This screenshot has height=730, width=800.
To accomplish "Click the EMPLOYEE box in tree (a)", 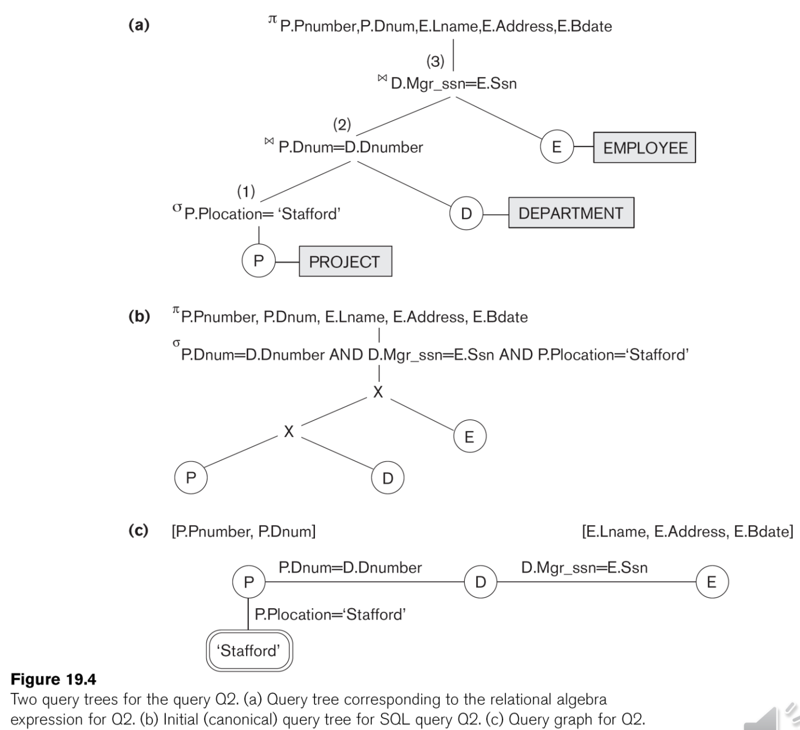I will click(644, 148).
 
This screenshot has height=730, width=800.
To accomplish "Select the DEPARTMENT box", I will click(571, 213).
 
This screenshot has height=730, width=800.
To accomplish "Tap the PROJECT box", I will click(345, 261).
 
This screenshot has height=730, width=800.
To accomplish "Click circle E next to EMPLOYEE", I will click(557, 147).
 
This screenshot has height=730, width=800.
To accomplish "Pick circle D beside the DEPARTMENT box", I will click(466, 213).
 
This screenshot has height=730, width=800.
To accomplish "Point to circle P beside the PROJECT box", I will click(259, 261).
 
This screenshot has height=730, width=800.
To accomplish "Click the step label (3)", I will click(435, 61).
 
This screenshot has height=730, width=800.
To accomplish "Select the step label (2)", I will click(342, 125).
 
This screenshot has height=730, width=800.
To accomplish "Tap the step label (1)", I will click(246, 191).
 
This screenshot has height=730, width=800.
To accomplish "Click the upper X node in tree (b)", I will click(378, 392).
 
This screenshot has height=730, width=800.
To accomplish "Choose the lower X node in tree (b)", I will click(289, 431).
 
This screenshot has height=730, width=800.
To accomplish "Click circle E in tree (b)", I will click(469, 437).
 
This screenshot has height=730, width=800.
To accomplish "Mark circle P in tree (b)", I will click(191, 478).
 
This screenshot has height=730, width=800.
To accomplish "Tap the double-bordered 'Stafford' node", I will click(249, 650).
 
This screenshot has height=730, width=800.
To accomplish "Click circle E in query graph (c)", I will click(711, 582).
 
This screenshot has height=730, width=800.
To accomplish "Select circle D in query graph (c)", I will click(481, 582).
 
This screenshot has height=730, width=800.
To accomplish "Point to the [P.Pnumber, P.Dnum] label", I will click(243, 531).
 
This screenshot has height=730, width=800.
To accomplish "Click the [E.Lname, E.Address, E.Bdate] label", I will click(687, 531).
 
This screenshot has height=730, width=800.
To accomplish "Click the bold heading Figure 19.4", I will click(54, 679).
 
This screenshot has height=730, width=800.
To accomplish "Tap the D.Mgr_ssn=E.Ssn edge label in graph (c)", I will click(584, 568).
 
